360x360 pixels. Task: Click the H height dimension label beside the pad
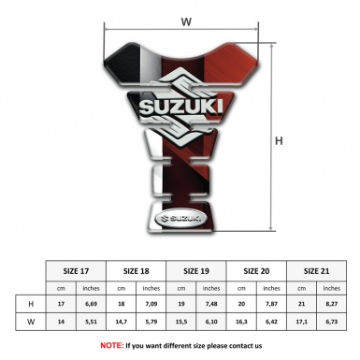pyautogui.click(x=278, y=141)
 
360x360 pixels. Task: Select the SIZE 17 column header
pyautogui.click(x=77, y=269)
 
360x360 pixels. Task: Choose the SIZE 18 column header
pyautogui.click(x=138, y=269)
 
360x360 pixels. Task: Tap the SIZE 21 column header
pyautogui.click(x=318, y=269)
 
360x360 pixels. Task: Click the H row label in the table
pyautogui.click(x=32, y=304)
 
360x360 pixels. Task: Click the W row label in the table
pyautogui.click(x=32, y=322)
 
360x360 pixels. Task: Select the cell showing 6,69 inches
pyautogui.click(x=92, y=304)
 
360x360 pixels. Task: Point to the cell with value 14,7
pyautogui.click(x=122, y=322)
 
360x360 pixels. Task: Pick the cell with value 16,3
pyautogui.click(x=243, y=322)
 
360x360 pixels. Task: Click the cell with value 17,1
pyautogui.click(x=303, y=322)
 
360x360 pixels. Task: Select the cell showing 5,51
pyautogui.click(x=92, y=322)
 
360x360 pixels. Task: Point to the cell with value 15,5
pyautogui.click(x=183, y=322)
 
